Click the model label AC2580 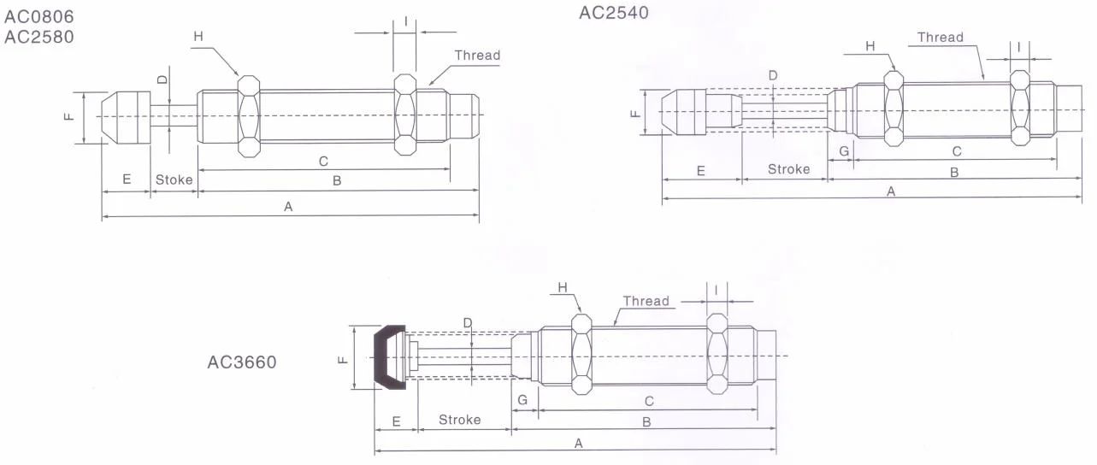(x=39, y=38)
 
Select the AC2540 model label (x=614, y=13)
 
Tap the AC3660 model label (x=242, y=362)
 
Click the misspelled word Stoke (x=174, y=180)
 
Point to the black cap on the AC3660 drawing (x=390, y=356)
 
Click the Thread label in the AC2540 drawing (x=940, y=38)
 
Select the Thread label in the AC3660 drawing (x=646, y=301)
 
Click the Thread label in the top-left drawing (x=477, y=56)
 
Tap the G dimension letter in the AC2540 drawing (x=843, y=151)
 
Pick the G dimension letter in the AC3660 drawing (x=523, y=400)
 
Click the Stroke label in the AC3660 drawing (x=459, y=420)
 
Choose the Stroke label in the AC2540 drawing (x=787, y=169)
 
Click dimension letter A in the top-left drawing (x=288, y=206)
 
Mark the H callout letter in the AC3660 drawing (x=563, y=288)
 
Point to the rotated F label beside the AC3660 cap (x=342, y=359)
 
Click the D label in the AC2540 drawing (x=773, y=75)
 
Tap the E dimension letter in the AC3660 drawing (x=396, y=421)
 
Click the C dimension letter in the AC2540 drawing (x=957, y=151)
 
